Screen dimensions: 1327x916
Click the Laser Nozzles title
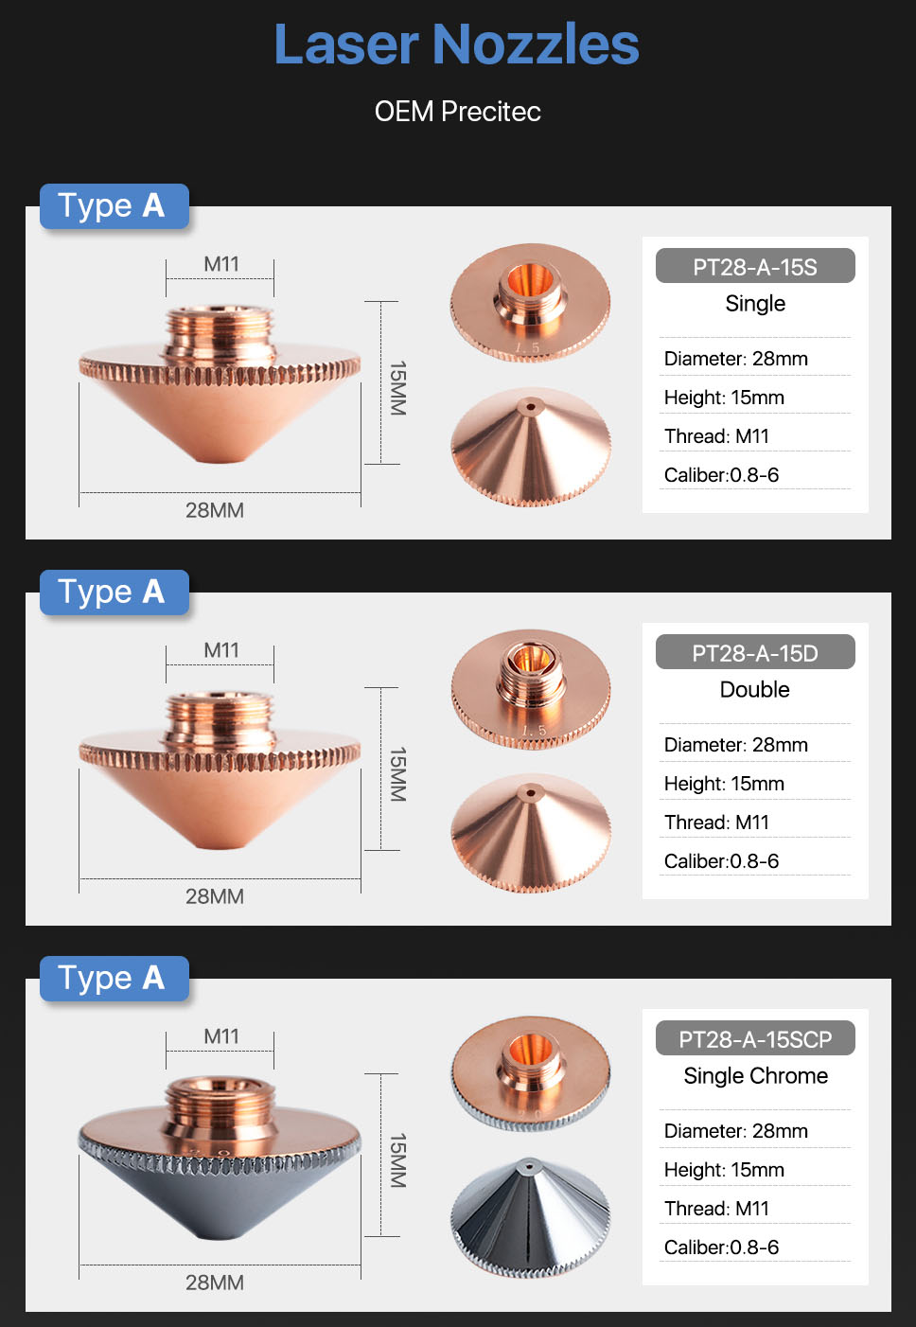(x=457, y=44)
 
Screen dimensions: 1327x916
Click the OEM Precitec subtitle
(x=457, y=112)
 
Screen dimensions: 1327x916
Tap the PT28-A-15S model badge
(x=755, y=266)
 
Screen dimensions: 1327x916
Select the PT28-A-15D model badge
(x=755, y=652)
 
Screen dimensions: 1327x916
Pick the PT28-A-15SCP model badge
(x=755, y=1038)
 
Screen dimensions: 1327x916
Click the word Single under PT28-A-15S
(x=755, y=304)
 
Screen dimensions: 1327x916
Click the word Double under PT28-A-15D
(x=755, y=690)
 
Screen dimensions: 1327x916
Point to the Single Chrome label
(x=755, y=1076)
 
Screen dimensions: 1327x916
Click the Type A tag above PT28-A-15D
(x=114, y=593)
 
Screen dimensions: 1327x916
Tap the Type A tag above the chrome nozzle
(x=114, y=979)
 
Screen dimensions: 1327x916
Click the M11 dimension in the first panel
(x=221, y=264)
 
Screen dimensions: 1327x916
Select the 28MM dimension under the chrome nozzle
(x=215, y=1283)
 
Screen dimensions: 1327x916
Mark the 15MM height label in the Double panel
(x=398, y=774)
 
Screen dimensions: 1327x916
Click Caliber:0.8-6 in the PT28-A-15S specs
(x=721, y=475)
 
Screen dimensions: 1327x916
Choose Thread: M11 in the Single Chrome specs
(x=716, y=1209)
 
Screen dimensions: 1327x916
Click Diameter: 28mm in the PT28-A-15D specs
(x=735, y=745)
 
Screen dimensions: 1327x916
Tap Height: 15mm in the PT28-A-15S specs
(x=724, y=398)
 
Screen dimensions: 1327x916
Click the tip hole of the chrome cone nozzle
(x=529, y=1165)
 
